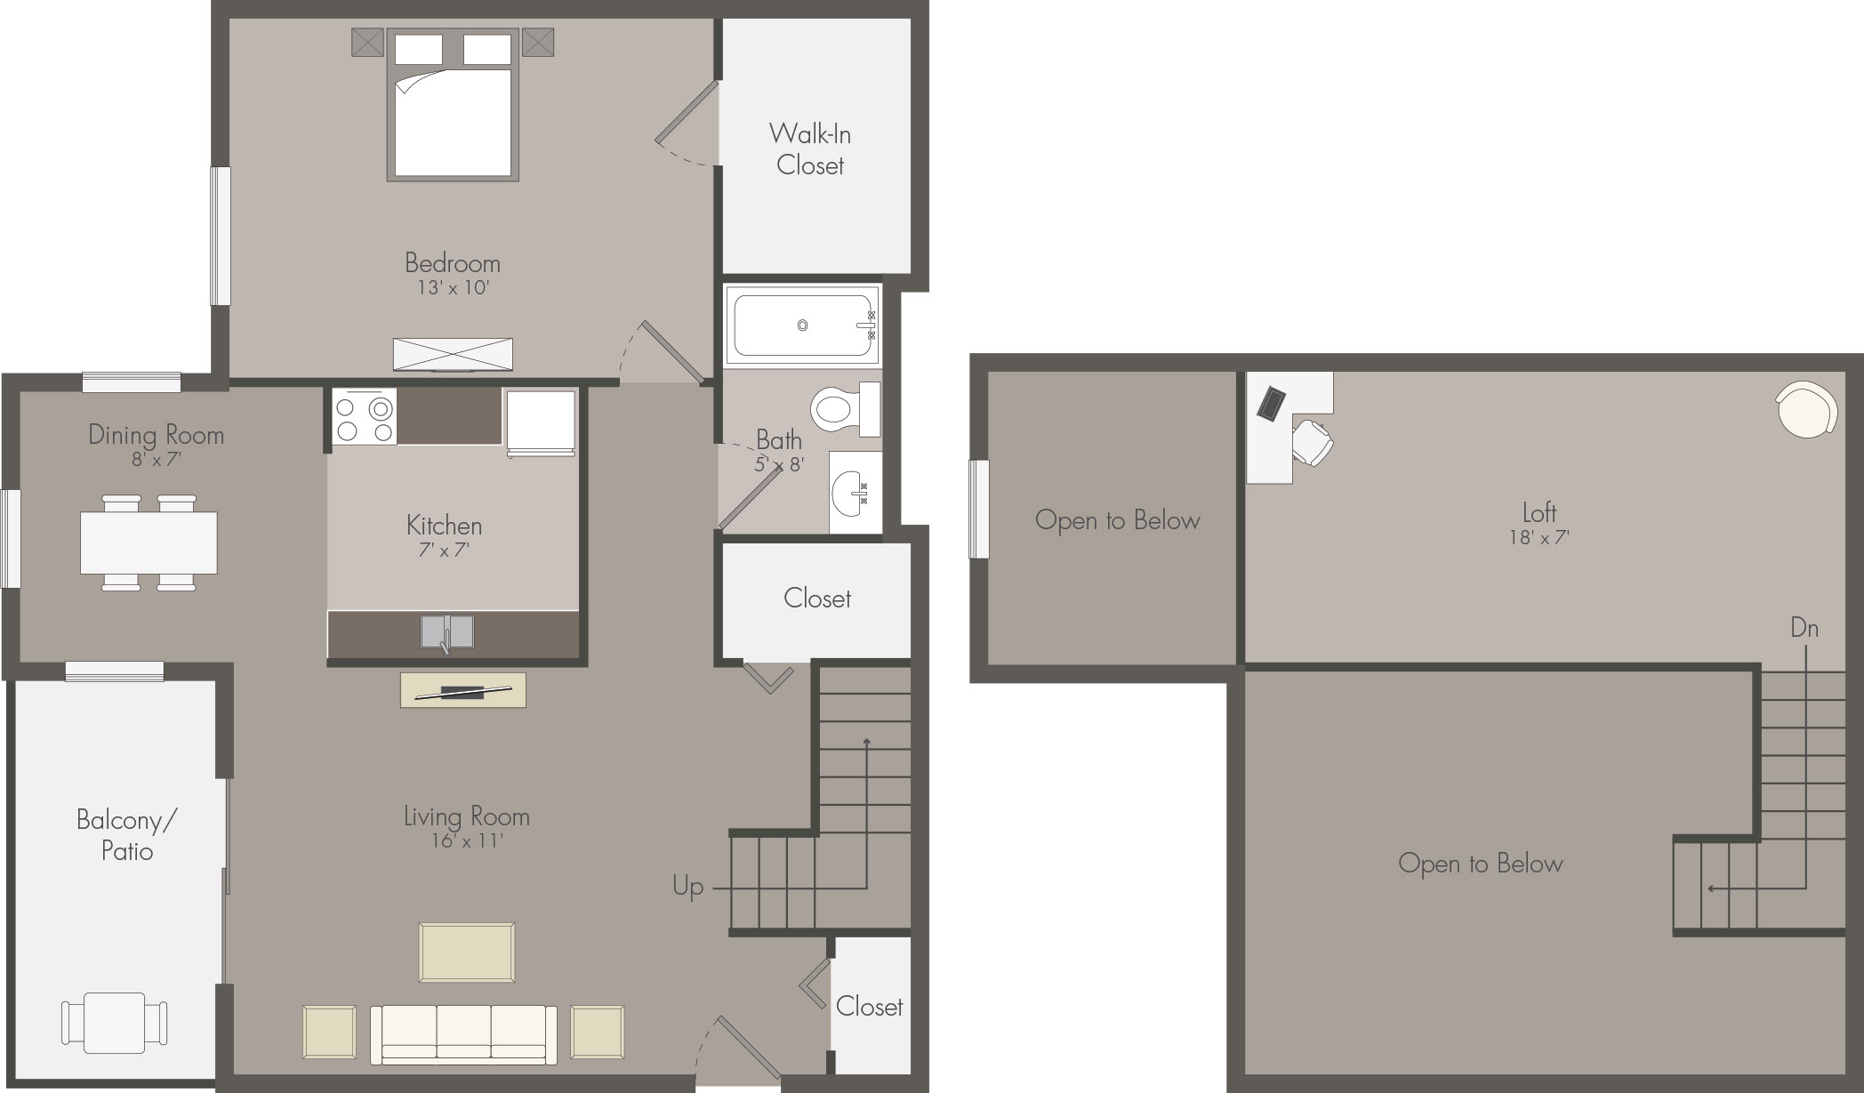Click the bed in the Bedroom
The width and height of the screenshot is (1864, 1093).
coord(453,106)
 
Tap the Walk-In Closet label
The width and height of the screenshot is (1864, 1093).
coord(810,149)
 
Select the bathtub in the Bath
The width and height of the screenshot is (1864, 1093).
coord(802,325)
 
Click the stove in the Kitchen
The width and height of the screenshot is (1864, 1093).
coord(365,417)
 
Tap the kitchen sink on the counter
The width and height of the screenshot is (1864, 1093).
coord(447,632)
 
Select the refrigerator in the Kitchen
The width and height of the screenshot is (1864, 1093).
coord(541,423)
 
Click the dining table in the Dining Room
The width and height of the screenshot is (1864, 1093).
coord(149,542)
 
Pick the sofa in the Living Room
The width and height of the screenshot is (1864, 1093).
coord(463,1035)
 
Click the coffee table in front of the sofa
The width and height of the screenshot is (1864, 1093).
coord(467,952)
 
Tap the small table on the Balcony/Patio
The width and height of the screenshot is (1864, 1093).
coord(115,1023)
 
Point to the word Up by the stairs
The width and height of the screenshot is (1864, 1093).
coord(688,887)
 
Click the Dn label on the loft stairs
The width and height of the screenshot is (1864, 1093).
coord(1804,628)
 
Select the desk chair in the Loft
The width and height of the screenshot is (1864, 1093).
coord(1312,442)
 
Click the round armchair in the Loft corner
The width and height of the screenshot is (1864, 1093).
coord(1806,409)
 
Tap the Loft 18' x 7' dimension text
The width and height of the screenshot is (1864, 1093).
coord(1539,537)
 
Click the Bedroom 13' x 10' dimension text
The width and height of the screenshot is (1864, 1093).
coord(454,287)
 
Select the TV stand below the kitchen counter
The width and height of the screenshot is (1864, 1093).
coord(463,690)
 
